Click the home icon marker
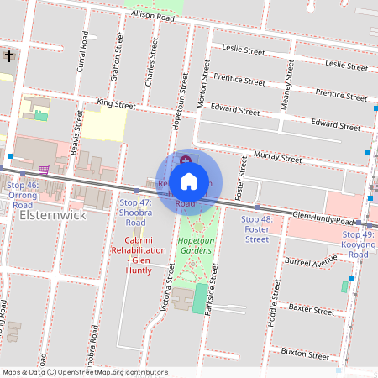[189, 181]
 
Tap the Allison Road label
[152, 16]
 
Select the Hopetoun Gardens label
[195, 245]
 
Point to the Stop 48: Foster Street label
[256, 228]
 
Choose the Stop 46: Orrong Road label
[23, 194]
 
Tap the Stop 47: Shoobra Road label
[135, 213]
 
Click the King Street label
[116, 105]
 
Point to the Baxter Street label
[311, 310]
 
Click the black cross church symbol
[9, 56]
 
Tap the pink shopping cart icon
[44, 168]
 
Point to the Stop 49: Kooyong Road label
[359, 244]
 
